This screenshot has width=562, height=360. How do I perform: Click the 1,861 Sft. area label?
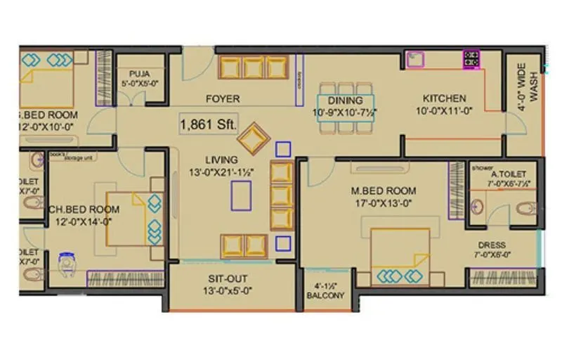207,124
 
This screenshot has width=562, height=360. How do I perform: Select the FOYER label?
223,99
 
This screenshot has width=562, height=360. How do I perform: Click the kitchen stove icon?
471,60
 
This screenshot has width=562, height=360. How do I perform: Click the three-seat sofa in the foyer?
253,68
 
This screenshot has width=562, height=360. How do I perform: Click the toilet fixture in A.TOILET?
525,209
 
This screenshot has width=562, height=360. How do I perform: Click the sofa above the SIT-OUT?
244,245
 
